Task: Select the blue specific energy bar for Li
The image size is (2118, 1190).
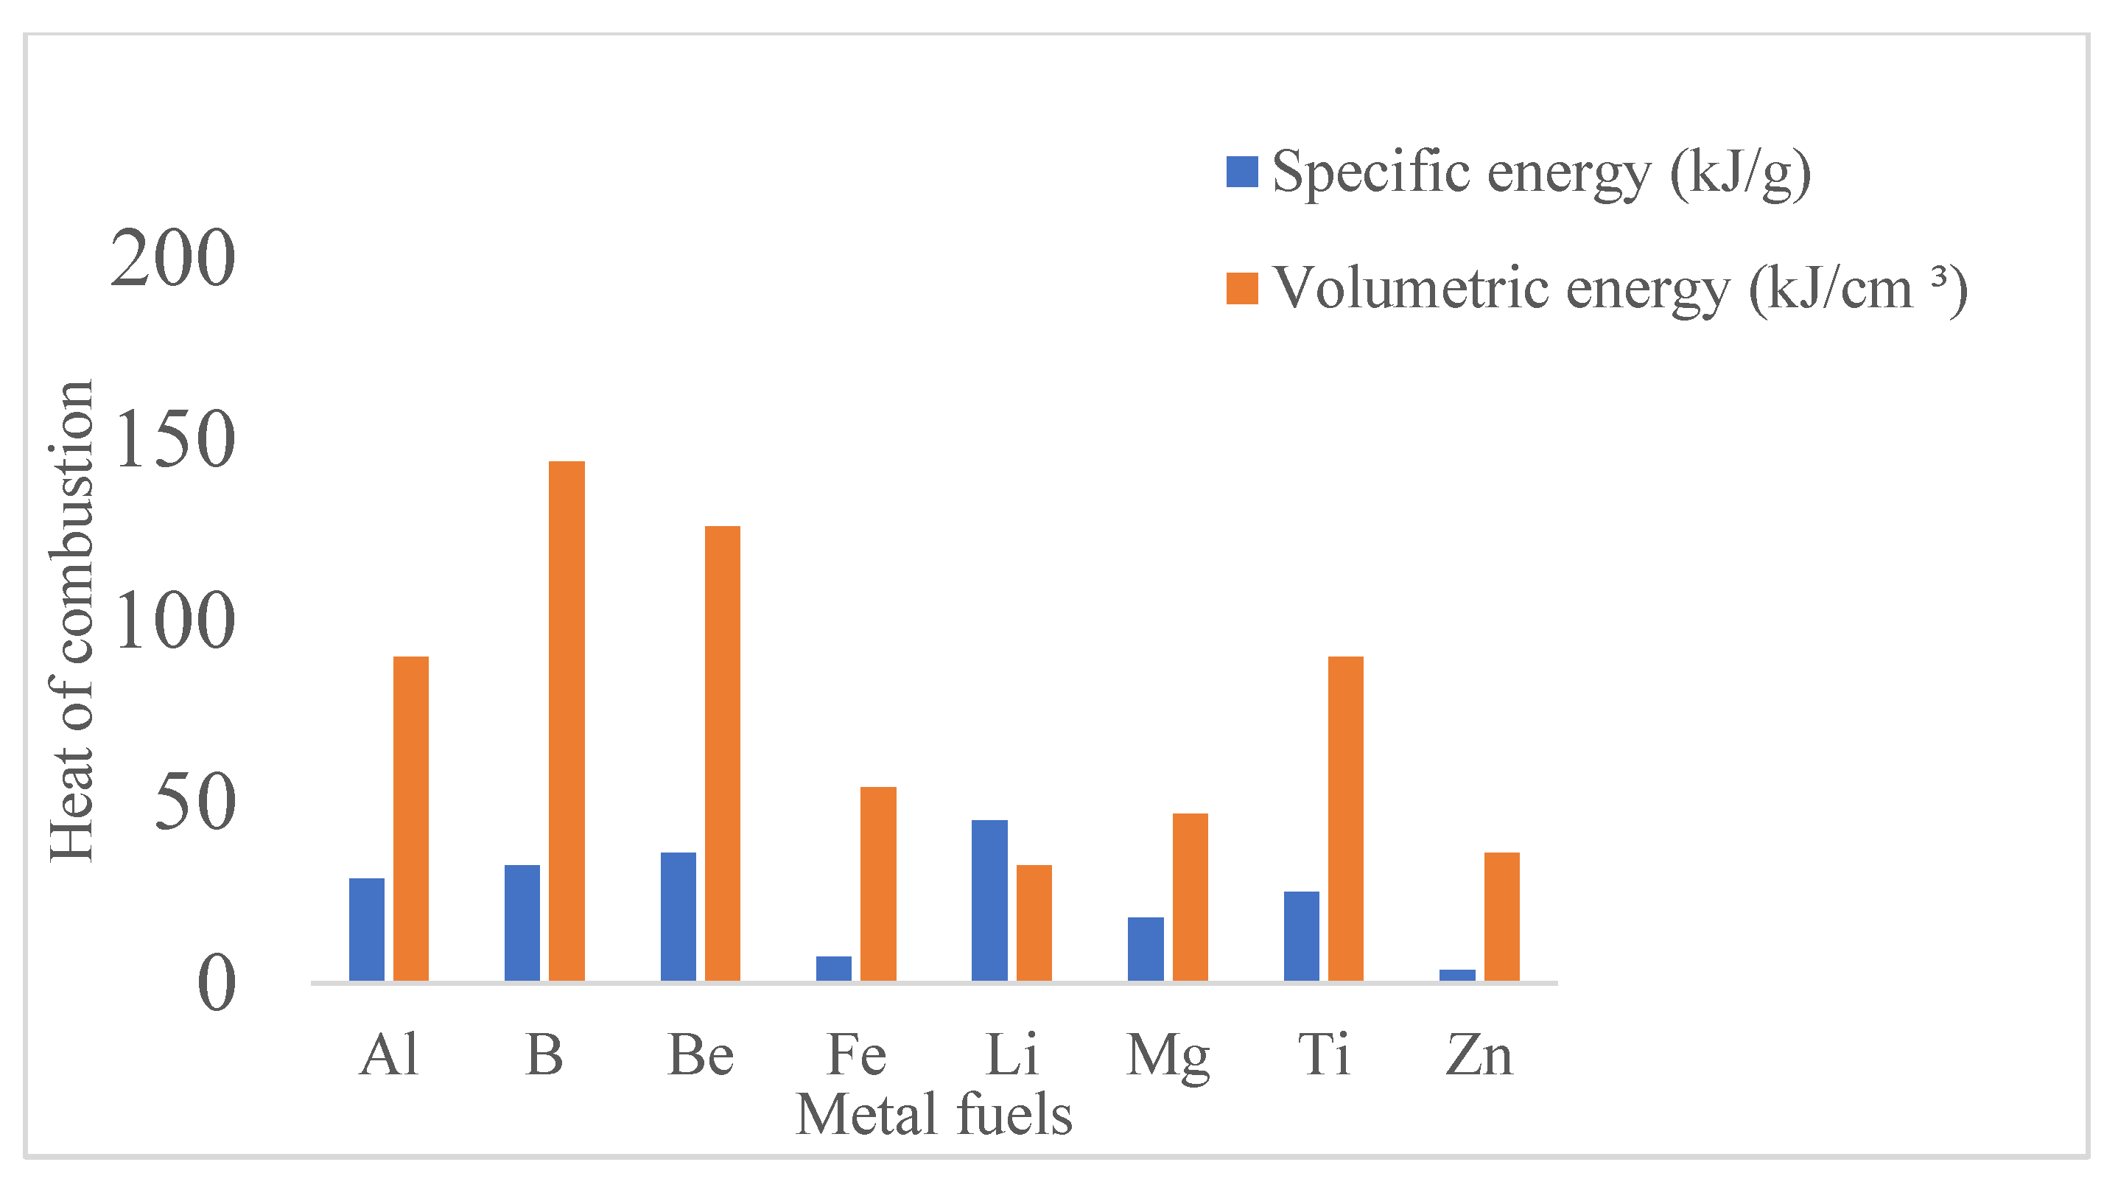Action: coord(989,900)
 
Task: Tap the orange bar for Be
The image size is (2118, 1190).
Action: coord(723,753)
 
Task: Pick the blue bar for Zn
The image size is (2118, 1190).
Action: coord(1457,976)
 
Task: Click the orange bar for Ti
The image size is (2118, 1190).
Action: coord(1346,819)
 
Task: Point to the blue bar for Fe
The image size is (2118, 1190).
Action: coord(834,968)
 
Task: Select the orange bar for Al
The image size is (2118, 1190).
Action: coord(411,819)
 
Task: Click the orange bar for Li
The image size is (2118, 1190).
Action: coord(1034,923)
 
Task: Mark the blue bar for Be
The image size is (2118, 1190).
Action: coord(678,916)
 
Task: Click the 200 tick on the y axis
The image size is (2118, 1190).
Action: coord(172,259)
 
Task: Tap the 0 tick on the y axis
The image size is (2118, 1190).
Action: coord(217,984)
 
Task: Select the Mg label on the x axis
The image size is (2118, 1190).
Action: coord(1168,1056)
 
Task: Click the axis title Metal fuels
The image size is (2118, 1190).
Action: coord(934,1115)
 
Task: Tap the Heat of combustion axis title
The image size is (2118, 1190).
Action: coord(72,621)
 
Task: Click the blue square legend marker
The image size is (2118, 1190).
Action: coord(1241,172)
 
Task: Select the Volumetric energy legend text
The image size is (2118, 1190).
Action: coord(1620,290)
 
